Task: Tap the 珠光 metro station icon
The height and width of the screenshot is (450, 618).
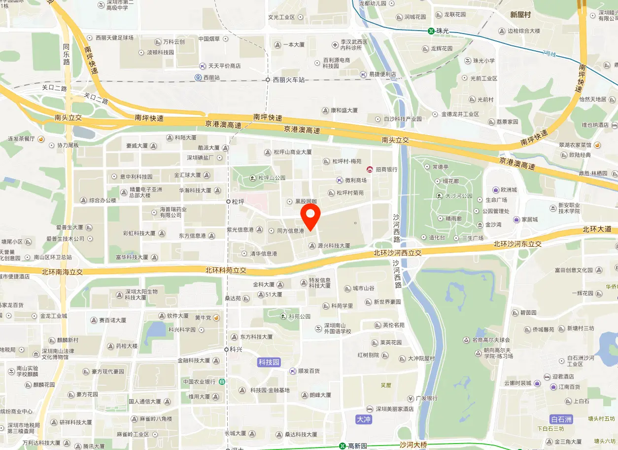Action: point(431,31)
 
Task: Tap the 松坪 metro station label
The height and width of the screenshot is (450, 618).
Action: point(239,201)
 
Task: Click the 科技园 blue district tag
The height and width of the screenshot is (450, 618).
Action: point(269,362)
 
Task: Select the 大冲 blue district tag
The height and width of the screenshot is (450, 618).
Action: point(363,419)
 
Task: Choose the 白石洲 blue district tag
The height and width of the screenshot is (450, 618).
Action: point(561,419)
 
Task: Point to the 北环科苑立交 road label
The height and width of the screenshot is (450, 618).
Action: point(226,270)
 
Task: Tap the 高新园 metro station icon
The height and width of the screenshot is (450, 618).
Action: point(342,446)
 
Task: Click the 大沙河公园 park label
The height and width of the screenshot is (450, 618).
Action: point(459,196)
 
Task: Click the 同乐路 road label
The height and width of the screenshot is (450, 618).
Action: point(67,54)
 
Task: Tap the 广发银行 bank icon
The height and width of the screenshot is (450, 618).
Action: point(410,398)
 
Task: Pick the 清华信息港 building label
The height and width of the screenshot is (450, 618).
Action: point(263,254)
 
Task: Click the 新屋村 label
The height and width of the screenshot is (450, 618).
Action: point(520,15)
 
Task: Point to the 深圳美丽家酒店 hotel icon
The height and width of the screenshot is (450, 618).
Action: point(370,409)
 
